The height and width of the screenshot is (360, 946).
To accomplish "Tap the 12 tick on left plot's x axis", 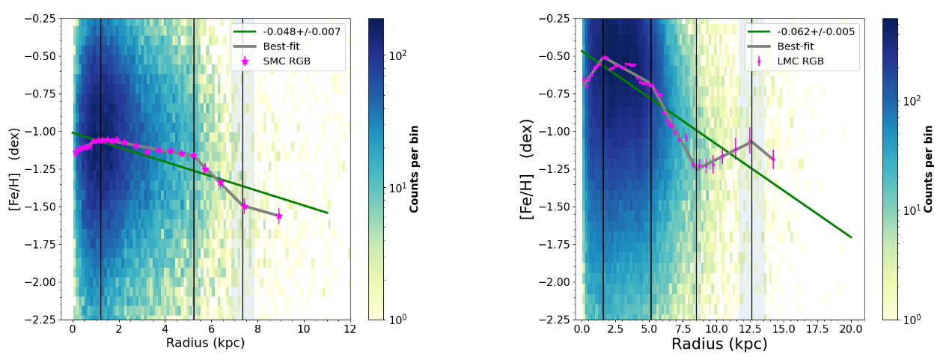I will tap(350, 329).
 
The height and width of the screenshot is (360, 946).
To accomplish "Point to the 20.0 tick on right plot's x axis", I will tap(851, 329).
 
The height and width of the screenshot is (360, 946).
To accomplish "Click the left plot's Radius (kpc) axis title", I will tap(210, 344).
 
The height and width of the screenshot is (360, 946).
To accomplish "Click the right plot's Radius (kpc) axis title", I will tap(719, 344).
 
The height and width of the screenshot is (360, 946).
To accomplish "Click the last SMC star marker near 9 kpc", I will tap(278, 216).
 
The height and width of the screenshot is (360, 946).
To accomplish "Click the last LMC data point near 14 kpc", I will tap(773, 159).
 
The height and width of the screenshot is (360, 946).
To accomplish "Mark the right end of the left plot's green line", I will tap(327, 213).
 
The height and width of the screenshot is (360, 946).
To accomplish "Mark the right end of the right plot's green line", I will tap(851, 237).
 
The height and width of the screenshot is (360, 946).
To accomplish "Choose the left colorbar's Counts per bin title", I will tap(413, 169).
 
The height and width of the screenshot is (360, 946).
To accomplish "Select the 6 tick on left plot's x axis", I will tap(211, 329).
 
